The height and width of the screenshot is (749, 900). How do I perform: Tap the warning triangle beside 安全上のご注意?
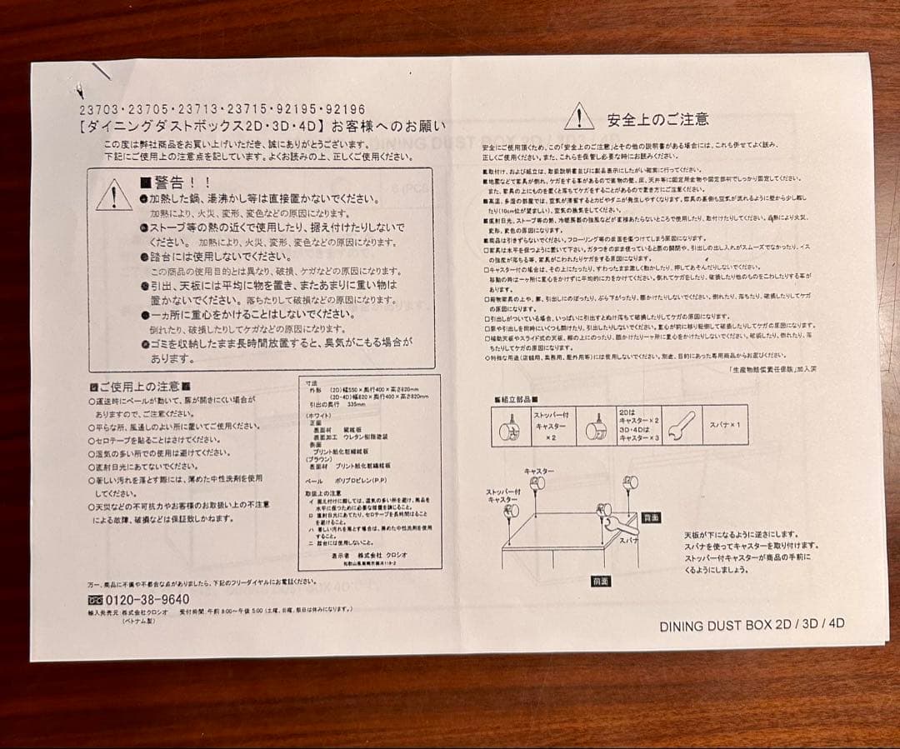(579, 117)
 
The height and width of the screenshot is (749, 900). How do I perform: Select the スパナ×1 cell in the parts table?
(725, 425)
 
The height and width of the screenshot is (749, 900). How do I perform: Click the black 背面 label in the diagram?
(651, 517)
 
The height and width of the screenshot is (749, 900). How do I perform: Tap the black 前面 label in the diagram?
(601, 581)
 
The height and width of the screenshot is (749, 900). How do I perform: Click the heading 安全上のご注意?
(657, 119)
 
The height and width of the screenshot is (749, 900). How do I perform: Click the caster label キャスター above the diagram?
(538, 472)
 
